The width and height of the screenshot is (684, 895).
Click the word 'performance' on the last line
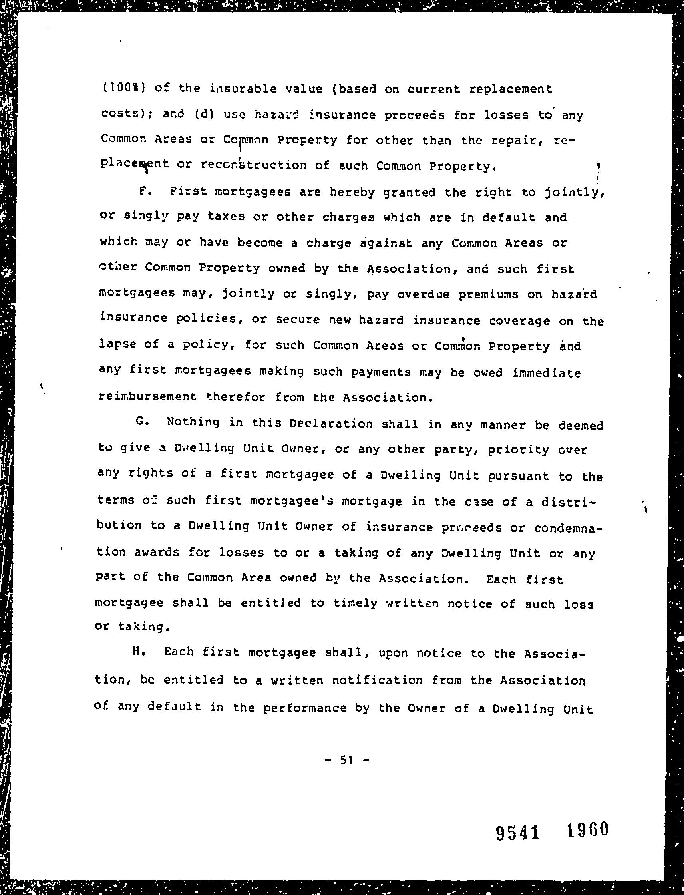[x=305, y=708]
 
